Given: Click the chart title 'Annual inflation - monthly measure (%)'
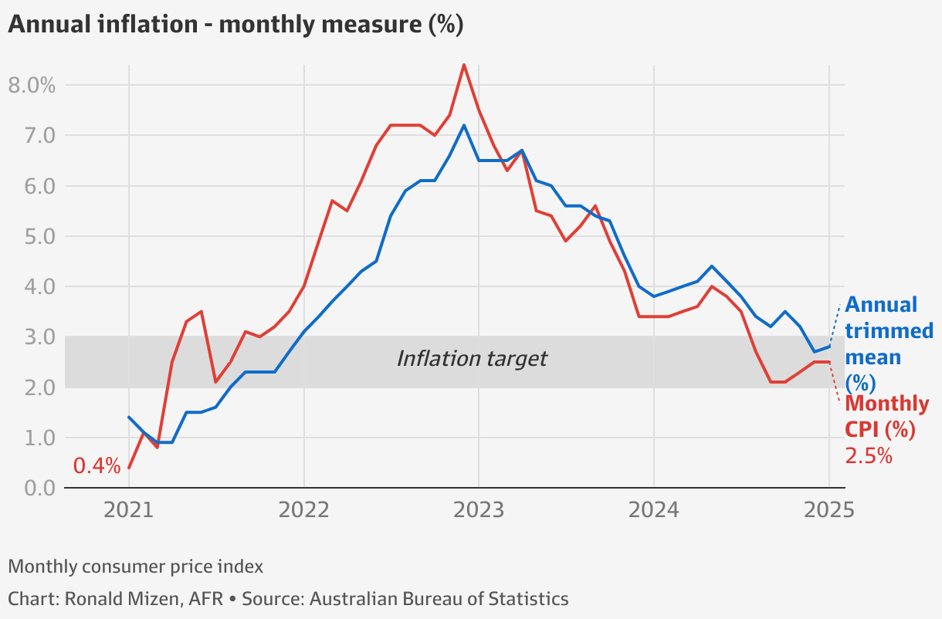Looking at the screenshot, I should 235,25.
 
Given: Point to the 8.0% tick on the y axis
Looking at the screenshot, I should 32,85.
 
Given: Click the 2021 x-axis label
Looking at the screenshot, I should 128,510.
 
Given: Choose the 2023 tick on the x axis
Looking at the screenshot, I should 478,510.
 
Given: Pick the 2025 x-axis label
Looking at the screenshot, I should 828,510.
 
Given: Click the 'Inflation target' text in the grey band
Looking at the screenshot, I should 471,359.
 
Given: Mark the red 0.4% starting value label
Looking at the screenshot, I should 97,466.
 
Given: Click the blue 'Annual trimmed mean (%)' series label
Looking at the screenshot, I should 888,343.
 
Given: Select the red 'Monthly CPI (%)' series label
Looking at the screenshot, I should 886,417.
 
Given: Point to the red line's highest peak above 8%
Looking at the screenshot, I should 463,64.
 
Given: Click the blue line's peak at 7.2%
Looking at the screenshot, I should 463,125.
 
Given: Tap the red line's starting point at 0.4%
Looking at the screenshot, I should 129,468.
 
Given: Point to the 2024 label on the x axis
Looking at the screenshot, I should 653,510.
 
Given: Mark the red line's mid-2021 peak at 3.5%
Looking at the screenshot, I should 202,312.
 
